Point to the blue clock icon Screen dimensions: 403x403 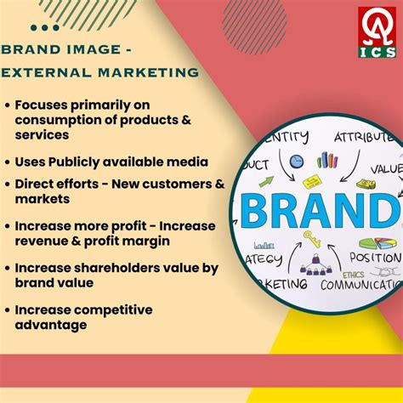click(296, 161)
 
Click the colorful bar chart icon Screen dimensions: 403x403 click(326, 159)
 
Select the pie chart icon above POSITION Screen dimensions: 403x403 click(379, 241)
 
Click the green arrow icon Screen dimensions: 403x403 click(264, 181)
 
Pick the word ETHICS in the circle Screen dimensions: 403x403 click(352, 274)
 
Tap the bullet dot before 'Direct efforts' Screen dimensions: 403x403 click(9, 183)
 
